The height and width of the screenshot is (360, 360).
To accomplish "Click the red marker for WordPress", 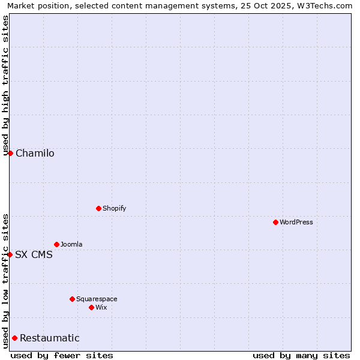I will [275, 222].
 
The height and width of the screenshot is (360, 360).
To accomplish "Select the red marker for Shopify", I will [98, 208].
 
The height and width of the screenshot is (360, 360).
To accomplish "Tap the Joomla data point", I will [56, 244].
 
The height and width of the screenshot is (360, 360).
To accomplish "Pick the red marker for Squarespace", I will [72, 299].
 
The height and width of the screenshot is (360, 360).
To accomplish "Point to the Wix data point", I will [91, 307].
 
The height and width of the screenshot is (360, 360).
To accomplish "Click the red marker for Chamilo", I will [10, 153].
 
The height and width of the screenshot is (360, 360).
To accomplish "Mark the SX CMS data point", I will [10, 254].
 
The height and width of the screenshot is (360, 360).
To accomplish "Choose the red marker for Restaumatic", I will [14, 338].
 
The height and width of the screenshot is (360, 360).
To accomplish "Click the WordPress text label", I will [296, 223].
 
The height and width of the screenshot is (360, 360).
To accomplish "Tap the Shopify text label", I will [115, 209].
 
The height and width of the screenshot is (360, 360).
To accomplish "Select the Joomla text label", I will [71, 245].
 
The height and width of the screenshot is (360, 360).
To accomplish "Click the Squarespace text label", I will [97, 299].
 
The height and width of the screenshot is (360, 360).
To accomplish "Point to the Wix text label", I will [101, 308].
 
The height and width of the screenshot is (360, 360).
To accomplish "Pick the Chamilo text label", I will [35, 154].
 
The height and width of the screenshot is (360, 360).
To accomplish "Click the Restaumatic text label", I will [50, 338].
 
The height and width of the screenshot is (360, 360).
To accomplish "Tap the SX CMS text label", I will [34, 255].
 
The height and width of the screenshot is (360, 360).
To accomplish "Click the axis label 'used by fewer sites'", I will [62, 355].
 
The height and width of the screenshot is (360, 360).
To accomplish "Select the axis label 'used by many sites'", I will [301, 355].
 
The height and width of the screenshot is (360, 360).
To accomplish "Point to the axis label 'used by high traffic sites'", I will [6, 86].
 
